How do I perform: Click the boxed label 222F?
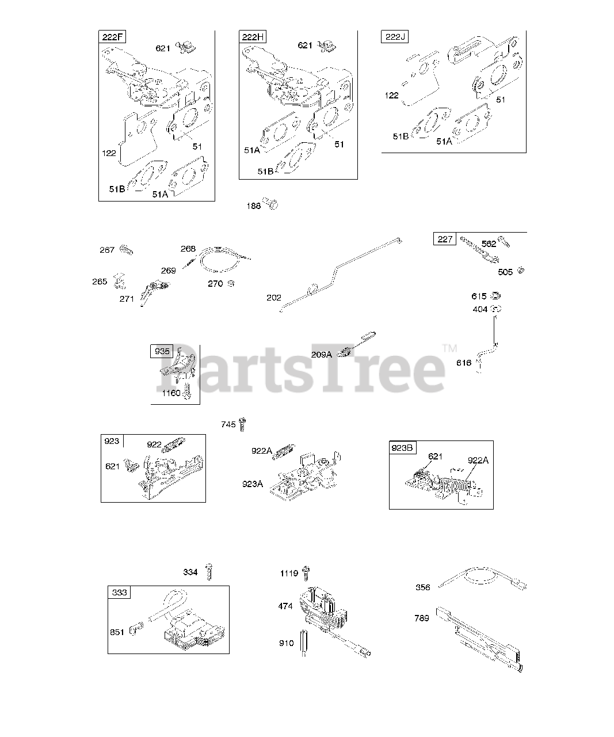113,37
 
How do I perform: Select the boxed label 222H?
253,37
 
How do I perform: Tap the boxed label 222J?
395,37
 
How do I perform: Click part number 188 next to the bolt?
254,206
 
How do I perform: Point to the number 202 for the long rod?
274,298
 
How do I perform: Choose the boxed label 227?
445,239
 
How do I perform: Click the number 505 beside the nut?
505,272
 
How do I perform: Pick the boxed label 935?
162,351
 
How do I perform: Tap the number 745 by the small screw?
228,425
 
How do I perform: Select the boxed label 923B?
402,448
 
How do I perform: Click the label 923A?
253,484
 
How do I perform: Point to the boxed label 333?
120,592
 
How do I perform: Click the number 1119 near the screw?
289,573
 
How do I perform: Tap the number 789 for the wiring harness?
422,618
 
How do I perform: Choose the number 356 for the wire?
422,587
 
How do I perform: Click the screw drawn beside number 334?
209,571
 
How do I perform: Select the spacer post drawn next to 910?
304,643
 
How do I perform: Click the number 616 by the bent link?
464,363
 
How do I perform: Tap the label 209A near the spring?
322,355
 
